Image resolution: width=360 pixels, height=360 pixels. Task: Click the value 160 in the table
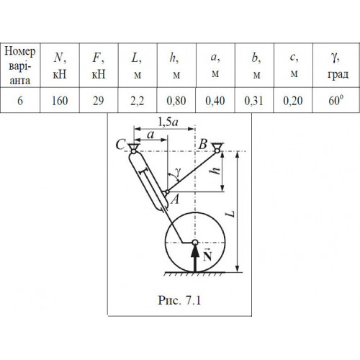tap(60, 100)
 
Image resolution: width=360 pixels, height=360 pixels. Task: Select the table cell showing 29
tap(99, 100)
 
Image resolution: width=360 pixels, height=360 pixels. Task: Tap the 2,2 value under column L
tap(138, 101)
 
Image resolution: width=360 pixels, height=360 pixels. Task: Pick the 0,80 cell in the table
tap(176, 101)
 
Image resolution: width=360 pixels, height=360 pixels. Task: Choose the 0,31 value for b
tap(253, 101)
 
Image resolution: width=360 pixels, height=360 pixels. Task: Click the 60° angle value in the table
tap(336, 100)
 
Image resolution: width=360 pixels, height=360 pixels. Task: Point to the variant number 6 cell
tap(20, 100)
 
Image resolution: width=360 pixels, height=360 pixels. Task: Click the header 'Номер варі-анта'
tap(20, 66)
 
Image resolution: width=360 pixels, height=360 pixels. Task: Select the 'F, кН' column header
tap(99, 66)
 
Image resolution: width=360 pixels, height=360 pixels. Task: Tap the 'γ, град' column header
tap(338, 66)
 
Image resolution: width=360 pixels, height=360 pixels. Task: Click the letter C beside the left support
tap(120, 145)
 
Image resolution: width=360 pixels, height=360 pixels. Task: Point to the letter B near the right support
tap(203, 145)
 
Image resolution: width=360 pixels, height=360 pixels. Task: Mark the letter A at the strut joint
tap(175, 199)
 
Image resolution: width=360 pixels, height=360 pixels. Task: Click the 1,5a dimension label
tap(168, 122)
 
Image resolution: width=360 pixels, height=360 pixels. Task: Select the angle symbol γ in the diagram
tap(178, 172)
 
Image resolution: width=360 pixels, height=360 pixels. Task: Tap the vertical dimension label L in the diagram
tap(230, 213)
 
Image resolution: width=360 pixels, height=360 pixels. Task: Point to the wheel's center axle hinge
tap(195, 243)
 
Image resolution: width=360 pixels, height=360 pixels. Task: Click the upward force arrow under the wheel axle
tap(195, 258)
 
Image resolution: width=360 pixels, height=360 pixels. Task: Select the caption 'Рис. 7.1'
tap(179, 300)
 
